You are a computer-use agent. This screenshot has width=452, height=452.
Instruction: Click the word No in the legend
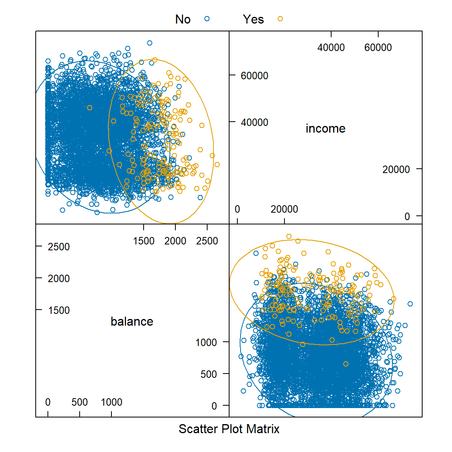(x=183, y=19)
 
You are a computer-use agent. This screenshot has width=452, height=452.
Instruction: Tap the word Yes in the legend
(x=253, y=19)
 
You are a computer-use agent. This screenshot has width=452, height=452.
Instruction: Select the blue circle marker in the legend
(x=207, y=18)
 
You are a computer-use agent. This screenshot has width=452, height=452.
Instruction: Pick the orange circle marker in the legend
(x=280, y=18)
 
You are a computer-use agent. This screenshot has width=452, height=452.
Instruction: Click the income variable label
(x=325, y=129)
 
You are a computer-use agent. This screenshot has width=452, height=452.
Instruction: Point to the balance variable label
(x=132, y=322)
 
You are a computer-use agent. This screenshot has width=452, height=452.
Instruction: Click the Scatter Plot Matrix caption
(x=229, y=429)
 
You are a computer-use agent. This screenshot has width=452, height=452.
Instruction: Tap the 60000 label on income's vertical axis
(x=254, y=76)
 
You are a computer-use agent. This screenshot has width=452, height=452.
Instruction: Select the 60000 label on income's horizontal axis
(x=378, y=47)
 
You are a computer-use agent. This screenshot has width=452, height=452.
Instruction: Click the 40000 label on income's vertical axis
(x=254, y=122)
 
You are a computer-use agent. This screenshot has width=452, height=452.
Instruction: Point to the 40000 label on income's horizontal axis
(x=331, y=47)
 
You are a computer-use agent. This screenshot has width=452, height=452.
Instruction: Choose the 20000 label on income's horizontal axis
(x=284, y=209)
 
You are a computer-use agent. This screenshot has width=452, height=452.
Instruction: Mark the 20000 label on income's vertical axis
(x=396, y=169)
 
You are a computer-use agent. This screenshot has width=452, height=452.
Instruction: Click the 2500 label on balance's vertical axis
(x=58, y=247)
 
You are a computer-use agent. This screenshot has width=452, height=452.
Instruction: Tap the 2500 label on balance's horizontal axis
(x=207, y=241)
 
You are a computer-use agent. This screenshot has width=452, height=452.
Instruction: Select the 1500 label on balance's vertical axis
(x=58, y=310)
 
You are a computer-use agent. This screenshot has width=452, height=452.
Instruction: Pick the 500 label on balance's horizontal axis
(x=80, y=402)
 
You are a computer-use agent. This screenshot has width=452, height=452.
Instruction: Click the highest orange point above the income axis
(x=289, y=237)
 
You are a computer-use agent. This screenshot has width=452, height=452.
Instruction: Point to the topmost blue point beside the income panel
(x=149, y=43)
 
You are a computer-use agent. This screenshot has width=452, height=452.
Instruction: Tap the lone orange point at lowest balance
(x=346, y=364)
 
